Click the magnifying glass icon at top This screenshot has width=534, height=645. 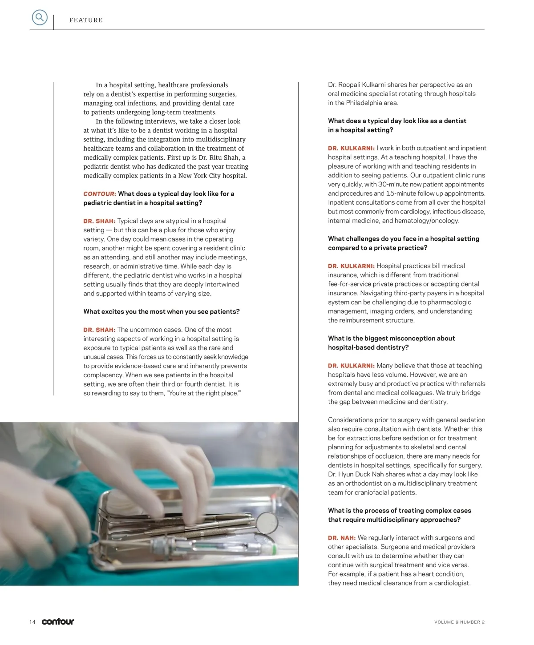[40, 18]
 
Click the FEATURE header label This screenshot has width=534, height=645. [86, 20]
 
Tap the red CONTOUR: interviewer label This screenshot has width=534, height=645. [100, 194]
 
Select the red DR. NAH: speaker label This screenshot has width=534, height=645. [342, 538]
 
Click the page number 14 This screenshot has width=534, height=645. [32, 622]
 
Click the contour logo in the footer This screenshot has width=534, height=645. [58, 621]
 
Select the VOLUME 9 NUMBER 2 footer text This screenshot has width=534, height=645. [459, 622]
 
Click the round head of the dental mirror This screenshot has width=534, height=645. [267, 522]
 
